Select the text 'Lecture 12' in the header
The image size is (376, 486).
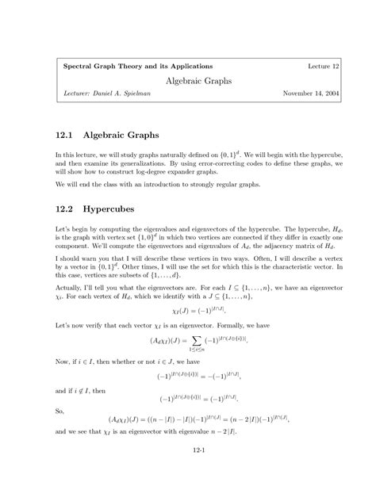323,64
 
